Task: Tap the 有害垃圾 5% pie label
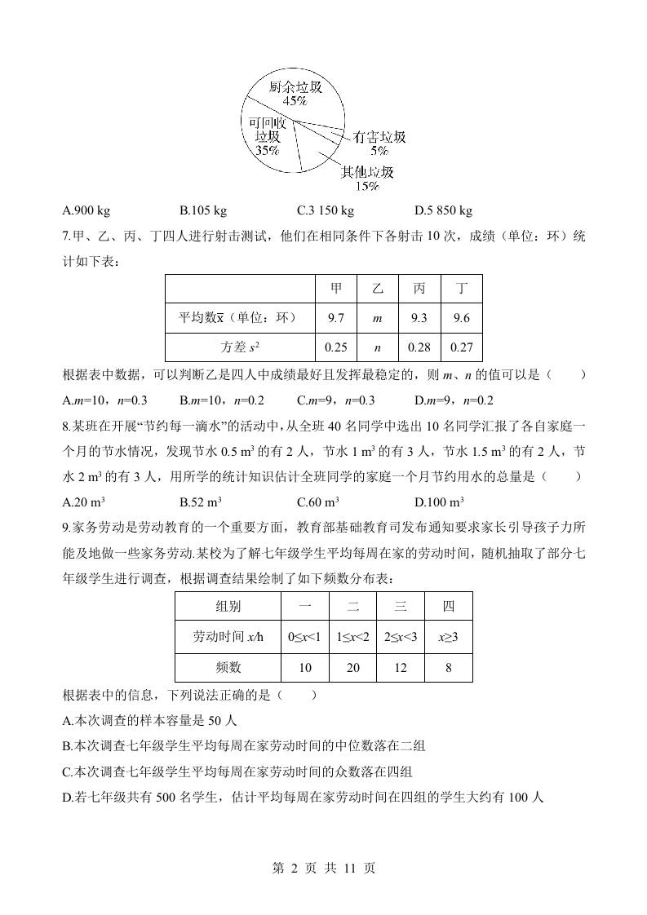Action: point(379,144)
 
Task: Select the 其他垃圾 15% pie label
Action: point(366,179)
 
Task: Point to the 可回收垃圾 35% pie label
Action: point(267,136)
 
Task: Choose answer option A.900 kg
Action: point(86,211)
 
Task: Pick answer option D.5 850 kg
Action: point(443,211)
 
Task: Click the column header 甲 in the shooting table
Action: point(336,289)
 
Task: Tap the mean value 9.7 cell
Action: point(336,318)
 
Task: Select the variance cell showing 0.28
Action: point(419,347)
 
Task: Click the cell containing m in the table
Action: point(377,318)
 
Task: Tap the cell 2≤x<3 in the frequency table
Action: point(401,637)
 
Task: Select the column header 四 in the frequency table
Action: point(449,607)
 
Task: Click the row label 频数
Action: point(228,667)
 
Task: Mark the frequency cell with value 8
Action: point(449,667)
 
